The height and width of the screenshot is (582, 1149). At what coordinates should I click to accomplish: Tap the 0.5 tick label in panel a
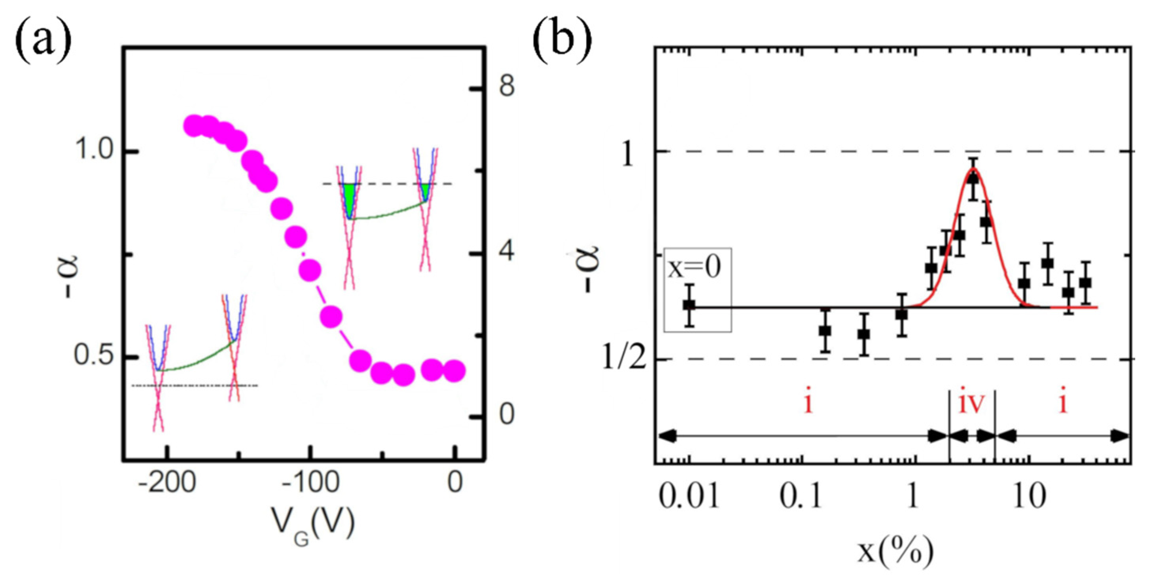[94, 357]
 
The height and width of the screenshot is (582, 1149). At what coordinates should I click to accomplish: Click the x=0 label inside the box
[694, 269]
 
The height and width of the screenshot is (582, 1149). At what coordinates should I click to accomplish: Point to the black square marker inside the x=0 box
[689, 305]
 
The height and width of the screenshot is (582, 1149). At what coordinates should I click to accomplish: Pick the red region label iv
[971, 404]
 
